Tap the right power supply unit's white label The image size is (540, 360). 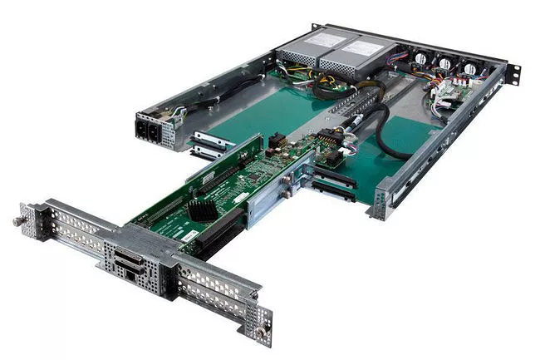point(352,57)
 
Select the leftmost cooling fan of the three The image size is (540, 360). point(420,60)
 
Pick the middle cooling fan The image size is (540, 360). point(446,64)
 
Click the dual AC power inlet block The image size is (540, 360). point(152,129)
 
